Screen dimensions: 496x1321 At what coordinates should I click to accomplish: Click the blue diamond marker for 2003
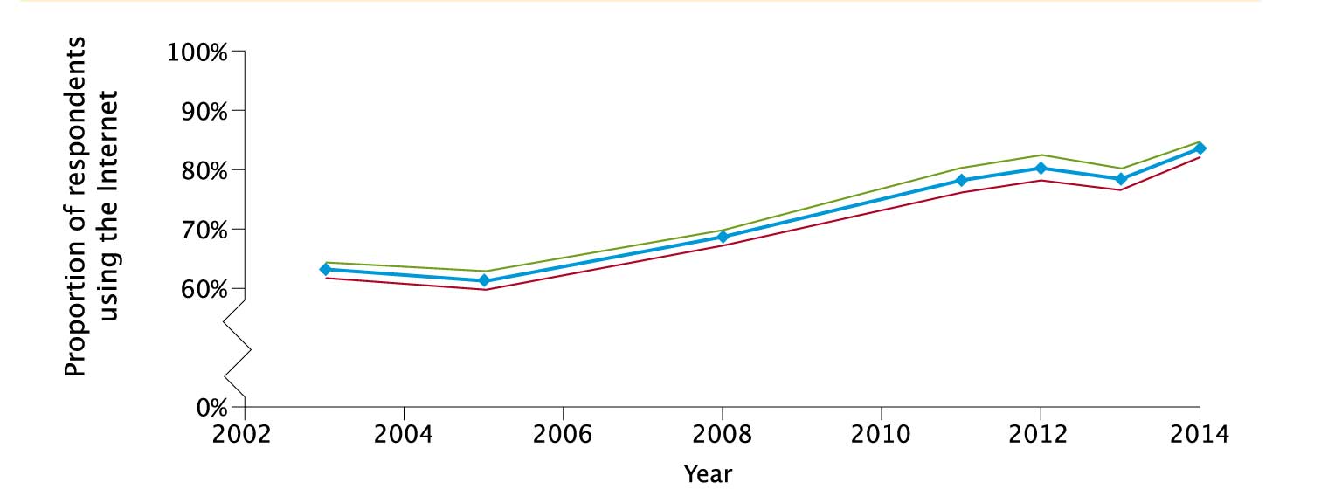pos(325,269)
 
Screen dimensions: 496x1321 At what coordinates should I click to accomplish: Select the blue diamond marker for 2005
pos(483,280)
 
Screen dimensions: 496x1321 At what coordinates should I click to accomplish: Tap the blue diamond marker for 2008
pos(723,237)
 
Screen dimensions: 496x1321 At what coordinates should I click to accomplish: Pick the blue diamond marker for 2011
pos(961,180)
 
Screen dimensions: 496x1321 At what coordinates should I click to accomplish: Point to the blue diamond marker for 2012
pos(1041,168)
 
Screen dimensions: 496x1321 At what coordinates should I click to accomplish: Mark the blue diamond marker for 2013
pos(1121,179)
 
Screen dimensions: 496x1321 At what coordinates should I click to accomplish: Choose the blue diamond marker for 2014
pos(1200,148)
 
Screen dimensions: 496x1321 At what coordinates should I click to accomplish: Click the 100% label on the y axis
pos(197,52)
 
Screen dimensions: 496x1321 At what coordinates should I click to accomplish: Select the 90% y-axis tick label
pos(203,112)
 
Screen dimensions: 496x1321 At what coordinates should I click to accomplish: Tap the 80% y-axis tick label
pos(203,170)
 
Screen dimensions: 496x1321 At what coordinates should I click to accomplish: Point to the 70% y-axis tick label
pos(203,230)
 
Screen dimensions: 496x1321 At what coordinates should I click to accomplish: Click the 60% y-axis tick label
pos(203,289)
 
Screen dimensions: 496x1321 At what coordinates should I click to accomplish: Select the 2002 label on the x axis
pos(245,434)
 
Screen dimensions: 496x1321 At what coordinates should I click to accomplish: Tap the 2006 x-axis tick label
pos(563,434)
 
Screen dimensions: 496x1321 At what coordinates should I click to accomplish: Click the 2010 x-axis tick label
pos(881,434)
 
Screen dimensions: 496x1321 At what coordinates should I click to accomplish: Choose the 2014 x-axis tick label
pos(1199,434)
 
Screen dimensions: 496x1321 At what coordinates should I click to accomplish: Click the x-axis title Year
pos(708,474)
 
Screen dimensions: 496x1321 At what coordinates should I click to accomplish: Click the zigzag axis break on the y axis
pos(238,349)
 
